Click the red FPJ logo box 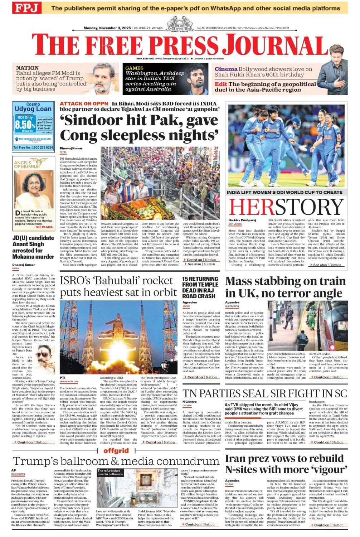pyautogui.click(x=27, y=8)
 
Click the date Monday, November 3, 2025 pyautogui.click(x=107, y=28)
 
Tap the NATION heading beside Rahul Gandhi pyautogui.click(x=28, y=68)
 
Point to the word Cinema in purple pyautogui.click(x=226, y=69)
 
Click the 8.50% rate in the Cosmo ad pyautogui.click(x=25, y=125)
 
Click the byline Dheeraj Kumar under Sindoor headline pyautogui.click(x=71, y=148)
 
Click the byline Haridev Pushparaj pyautogui.click(x=242, y=220)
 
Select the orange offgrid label pyautogui.click(x=116, y=450)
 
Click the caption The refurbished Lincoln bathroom pyautogui.click(x=109, y=472)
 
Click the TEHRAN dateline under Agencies pyautogui.click(x=229, y=484)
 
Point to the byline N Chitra pyautogui.click(x=190, y=402)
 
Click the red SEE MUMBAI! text pyautogui.click(x=44, y=227)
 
